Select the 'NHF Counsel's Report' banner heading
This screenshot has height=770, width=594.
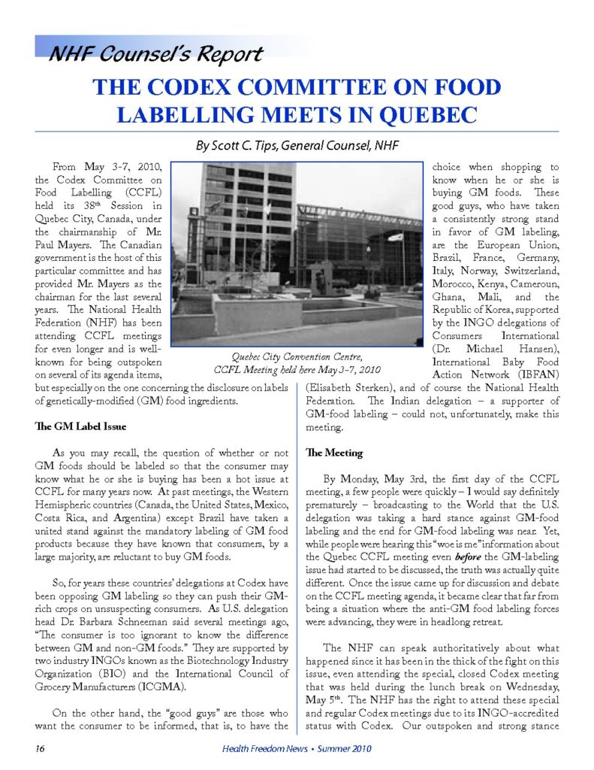[x=155, y=54]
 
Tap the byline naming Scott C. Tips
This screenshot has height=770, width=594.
[x=297, y=146]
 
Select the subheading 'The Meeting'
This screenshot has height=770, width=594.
[x=324, y=453]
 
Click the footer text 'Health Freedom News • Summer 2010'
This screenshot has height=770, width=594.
[x=297, y=748]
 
